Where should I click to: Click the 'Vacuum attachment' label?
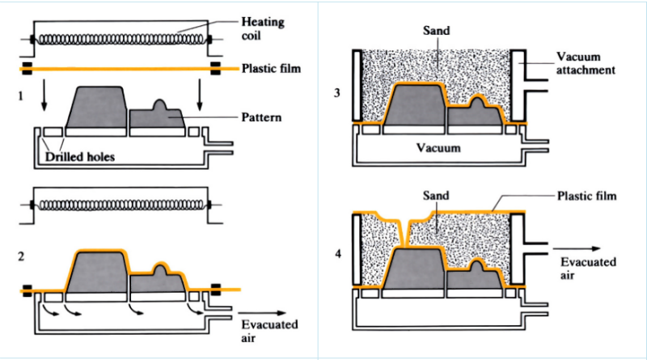[587, 64]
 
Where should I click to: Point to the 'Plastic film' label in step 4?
[586, 196]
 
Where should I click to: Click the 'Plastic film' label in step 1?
[271, 69]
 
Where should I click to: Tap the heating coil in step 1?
[121, 38]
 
